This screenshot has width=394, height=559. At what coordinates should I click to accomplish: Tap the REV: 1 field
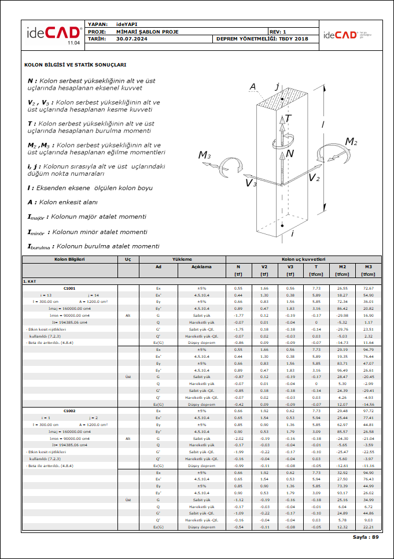278,31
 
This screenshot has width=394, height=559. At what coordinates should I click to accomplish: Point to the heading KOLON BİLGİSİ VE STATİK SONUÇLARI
75,65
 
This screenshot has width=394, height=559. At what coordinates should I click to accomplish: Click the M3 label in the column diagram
205,155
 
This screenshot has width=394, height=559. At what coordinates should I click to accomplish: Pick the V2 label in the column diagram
314,177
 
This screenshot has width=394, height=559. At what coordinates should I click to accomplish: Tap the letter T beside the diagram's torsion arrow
288,119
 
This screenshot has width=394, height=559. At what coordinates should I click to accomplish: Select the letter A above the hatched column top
253,87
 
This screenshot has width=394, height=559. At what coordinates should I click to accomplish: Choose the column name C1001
69,287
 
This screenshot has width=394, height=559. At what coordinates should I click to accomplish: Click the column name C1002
69,410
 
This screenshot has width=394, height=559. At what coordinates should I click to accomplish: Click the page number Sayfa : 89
366,537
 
